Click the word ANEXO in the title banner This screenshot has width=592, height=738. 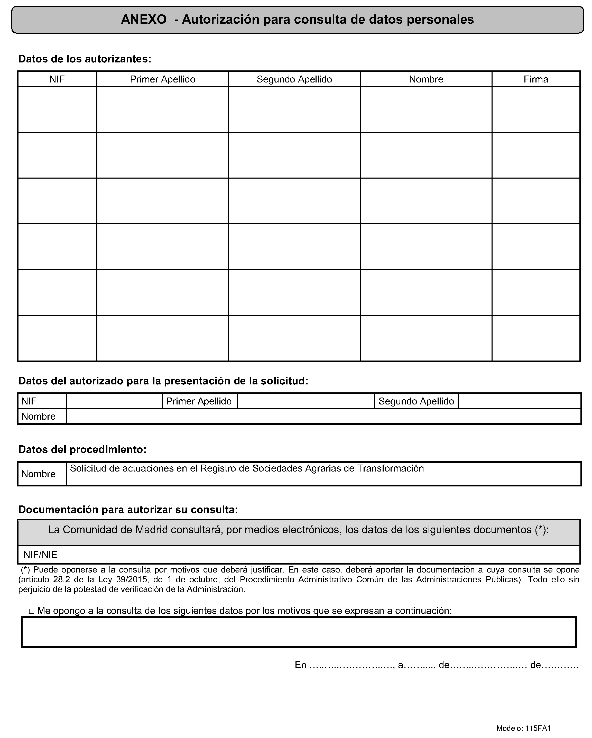144,20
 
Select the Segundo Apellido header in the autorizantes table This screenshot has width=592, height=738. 294,79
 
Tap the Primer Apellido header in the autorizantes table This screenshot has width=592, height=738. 163,79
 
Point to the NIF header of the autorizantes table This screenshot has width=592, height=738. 57,79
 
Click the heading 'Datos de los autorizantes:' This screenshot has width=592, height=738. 85,59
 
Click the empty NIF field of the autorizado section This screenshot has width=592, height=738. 114,401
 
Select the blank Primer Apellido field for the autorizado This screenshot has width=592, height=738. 306,401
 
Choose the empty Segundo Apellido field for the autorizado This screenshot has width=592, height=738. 519,401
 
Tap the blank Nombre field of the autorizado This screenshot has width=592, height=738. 323,417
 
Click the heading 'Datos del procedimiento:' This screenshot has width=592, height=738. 82,449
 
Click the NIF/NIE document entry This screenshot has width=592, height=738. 40,555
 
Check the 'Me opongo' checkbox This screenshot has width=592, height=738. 32,611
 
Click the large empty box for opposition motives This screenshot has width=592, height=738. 299,632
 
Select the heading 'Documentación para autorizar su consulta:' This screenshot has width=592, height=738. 128,510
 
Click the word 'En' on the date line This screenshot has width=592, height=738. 300,665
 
